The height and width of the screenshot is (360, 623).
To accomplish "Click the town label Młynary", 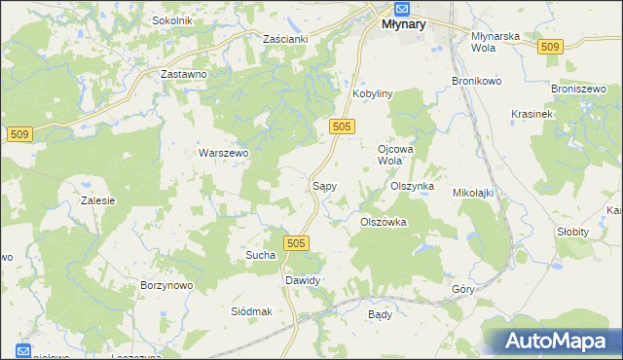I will click(x=397, y=25).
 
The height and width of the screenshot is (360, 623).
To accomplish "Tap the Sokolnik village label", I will click(x=172, y=19).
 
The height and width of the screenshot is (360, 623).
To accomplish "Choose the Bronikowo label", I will click(x=476, y=81).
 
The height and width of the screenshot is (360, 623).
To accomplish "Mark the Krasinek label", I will click(x=531, y=114).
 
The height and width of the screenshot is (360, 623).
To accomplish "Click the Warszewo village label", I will click(x=224, y=153).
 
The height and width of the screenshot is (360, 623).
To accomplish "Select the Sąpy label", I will click(x=323, y=184).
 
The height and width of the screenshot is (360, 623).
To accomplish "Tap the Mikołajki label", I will click(x=474, y=193).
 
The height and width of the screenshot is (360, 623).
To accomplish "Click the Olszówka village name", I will click(x=383, y=222).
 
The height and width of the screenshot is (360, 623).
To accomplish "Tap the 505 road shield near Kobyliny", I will click(x=341, y=126).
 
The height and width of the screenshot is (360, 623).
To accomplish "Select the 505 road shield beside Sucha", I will click(x=297, y=242).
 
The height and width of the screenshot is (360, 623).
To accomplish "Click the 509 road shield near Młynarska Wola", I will click(x=550, y=47).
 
